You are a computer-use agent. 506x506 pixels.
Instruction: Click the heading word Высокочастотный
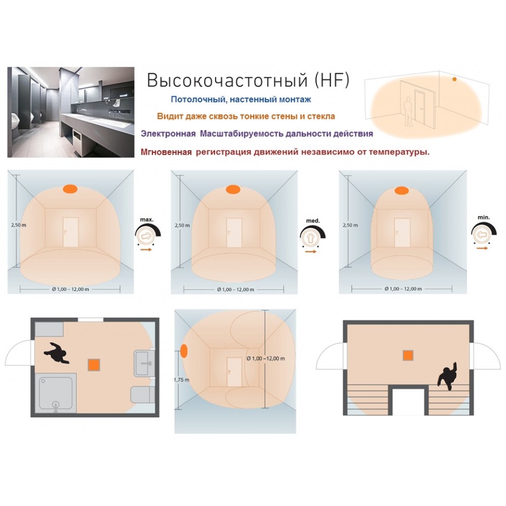tap(227, 80)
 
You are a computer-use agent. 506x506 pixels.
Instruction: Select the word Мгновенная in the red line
tap(166, 152)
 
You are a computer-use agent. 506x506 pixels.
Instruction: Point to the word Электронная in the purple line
tap(168, 134)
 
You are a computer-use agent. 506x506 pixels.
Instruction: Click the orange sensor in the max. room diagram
tap(70, 189)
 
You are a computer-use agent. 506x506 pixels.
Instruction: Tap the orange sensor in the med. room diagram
tap(232, 189)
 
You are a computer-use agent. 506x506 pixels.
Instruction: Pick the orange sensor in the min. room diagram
tap(402, 191)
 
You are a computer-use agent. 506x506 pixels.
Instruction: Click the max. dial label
tap(147, 220)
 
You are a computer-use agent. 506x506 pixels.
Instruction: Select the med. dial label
tap(313, 221)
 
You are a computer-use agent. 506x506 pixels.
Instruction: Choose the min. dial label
tap(483, 218)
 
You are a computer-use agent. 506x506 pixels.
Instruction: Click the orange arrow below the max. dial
tap(146, 249)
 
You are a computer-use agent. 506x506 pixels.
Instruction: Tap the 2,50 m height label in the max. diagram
tap(19, 225)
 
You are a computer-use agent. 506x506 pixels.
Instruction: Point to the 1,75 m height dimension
tap(182, 380)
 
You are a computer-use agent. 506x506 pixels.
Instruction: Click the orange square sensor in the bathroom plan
tap(94, 365)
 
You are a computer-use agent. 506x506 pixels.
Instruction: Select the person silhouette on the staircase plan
tap(447, 376)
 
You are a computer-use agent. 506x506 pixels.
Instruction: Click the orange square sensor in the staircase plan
tap(408, 355)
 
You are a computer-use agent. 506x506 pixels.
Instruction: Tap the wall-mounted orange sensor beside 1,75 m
tap(184, 351)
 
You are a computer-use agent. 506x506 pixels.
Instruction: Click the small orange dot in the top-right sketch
tap(454, 79)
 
